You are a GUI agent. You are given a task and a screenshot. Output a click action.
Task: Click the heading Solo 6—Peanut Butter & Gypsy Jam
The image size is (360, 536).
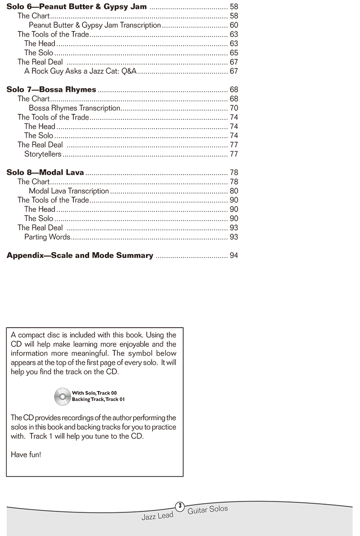76,7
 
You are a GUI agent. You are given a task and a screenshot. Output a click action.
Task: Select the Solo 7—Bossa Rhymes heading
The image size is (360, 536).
51,90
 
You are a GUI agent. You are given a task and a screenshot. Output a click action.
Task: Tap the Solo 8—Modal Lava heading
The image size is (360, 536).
45,172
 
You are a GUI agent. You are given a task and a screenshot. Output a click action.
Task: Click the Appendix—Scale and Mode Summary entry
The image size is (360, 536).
80,256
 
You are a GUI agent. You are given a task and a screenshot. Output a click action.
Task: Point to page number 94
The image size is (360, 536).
234,256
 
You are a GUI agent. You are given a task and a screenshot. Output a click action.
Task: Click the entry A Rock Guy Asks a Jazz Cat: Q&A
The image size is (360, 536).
81,71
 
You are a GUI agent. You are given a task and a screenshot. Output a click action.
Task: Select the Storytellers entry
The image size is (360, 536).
43,154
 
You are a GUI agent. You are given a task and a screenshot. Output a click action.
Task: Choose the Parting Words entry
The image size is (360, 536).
47,237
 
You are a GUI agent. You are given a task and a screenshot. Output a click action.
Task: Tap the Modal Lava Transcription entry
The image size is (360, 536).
69,191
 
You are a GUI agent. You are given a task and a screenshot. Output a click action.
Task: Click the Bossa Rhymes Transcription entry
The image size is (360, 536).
74,108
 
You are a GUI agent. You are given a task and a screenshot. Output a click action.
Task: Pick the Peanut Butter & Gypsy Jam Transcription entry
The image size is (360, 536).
94,25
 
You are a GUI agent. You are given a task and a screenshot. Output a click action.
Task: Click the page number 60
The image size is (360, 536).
234,25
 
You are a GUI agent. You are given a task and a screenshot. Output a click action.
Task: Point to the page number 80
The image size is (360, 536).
234,191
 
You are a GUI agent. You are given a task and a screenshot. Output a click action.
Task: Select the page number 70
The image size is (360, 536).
234,108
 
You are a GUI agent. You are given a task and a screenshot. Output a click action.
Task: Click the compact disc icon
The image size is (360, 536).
62,396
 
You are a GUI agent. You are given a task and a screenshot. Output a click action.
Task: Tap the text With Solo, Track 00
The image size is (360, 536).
97,393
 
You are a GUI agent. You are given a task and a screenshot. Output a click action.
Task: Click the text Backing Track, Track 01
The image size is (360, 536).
98,400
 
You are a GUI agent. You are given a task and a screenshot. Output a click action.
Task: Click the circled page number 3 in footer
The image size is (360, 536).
180,506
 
